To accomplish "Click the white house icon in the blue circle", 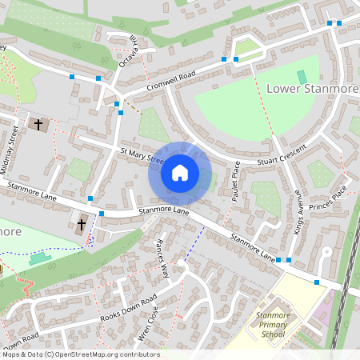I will pyautogui.click(x=180, y=172).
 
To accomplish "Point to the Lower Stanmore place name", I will pyautogui.click(x=311, y=87).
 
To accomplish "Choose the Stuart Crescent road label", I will pyautogui.click(x=281, y=158).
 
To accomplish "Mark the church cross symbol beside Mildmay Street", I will pyautogui.click(x=38, y=125).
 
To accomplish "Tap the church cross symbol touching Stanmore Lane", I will pyautogui.click(x=82, y=226).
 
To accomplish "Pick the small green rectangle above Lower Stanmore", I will pyautogui.click(x=302, y=76).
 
